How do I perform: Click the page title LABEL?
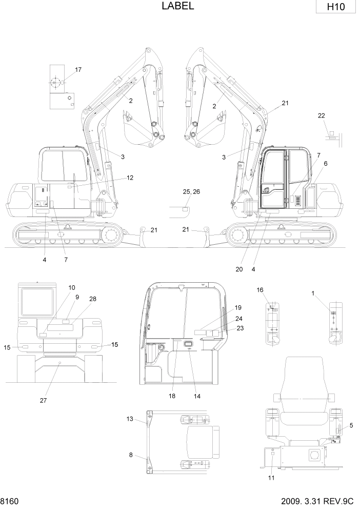coord(177,6)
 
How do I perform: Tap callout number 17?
coord(78,69)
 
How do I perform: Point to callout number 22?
coord(322,116)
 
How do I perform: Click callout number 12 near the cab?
coord(130,178)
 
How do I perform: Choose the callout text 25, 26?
coord(192,191)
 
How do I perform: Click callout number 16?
coord(260,290)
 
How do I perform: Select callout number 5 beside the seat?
coord(351,425)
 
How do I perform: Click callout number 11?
coord(271,478)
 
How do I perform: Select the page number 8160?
coord(10,500)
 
